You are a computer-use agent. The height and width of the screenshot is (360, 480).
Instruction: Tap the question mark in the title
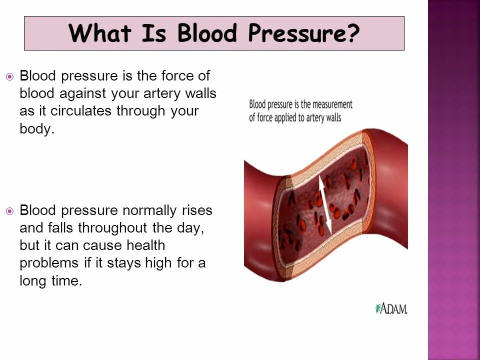click(353, 33)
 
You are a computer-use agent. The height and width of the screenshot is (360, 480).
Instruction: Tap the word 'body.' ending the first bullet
click(36, 128)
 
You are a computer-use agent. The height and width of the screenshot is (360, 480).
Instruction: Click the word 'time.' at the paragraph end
click(67, 280)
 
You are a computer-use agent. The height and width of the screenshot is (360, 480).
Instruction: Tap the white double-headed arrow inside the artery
click(325, 205)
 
